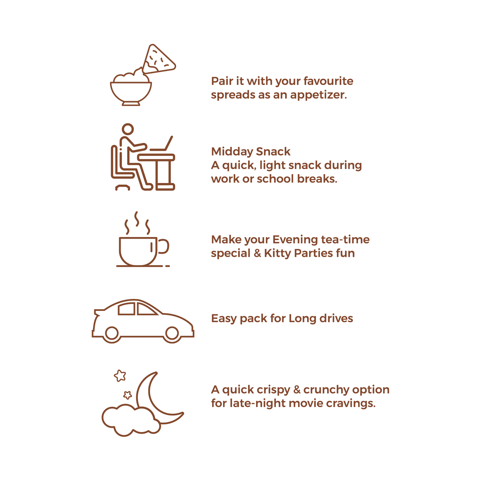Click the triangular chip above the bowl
[160, 59]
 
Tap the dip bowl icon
[131, 90]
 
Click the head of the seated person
[128, 129]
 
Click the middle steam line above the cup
[136, 219]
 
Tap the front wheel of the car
[172, 333]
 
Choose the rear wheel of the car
[112, 333]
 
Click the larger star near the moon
[120, 376]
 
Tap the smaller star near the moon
[127, 395]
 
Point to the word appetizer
[319, 95]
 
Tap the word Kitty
[278, 253]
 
